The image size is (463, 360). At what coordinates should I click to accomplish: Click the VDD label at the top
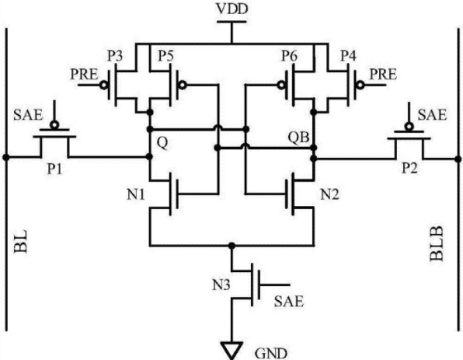click(x=231, y=9)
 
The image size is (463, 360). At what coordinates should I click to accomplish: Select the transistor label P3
click(x=115, y=56)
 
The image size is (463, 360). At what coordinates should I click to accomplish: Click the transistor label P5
click(x=165, y=56)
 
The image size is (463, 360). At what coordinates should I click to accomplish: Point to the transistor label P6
click(x=289, y=56)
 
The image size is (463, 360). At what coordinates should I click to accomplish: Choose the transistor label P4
click(x=349, y=56)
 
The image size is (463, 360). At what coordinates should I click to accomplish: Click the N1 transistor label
click(x=136, y=195)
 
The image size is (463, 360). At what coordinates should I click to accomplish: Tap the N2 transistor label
click(x=329, y=195)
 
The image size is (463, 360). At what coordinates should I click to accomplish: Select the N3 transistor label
click(x=221, y=285)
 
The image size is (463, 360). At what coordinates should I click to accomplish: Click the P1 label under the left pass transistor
click(x=55, y=169)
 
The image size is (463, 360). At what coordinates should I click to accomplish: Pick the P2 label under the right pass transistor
click(x=410, y=169)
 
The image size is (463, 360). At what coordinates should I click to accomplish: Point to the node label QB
click(x=298, y=138)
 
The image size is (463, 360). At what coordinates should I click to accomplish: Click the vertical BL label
click(x=21, y=241)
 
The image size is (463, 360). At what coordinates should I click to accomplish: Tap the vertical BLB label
click(x=437, y=243)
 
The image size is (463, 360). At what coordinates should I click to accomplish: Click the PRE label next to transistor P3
click(x=84, y=74)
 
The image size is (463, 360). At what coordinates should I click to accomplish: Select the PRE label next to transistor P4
click(x=383, y=74)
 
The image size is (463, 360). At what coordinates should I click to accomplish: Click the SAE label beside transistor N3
click(x=289, y=301)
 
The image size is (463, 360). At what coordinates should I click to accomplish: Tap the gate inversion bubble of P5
click(x=183, y=86)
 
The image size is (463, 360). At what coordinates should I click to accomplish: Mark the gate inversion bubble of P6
click(x=280, y=86)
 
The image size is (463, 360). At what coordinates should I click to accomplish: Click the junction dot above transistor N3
click(x=231, y=246)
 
